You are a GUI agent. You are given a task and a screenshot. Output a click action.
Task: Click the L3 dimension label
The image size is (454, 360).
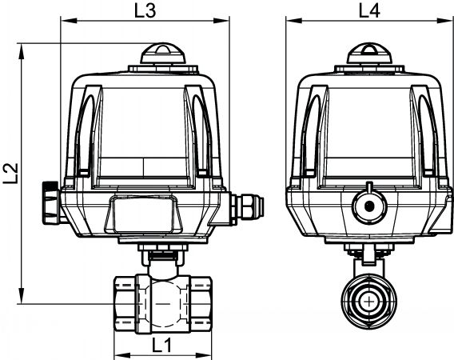[145, 11]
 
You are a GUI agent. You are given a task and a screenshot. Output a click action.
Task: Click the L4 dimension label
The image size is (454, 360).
[369, 11]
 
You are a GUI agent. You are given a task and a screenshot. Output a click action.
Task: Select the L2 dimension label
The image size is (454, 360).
[11, 174]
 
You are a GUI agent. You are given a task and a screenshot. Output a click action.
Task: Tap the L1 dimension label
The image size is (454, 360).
[161, 346]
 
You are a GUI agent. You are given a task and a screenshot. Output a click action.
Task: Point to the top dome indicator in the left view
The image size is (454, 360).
[163, 54]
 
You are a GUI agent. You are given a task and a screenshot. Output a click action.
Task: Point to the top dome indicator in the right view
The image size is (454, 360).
[369, 54]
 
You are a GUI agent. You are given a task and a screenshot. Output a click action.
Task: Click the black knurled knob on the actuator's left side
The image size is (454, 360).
[50, 202]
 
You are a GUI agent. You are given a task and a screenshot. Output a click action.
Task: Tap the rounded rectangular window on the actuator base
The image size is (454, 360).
[144, 214]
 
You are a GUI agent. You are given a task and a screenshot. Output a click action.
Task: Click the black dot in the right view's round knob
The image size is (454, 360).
[370, 206]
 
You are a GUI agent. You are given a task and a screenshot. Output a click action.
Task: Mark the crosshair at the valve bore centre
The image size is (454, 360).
[369, 302]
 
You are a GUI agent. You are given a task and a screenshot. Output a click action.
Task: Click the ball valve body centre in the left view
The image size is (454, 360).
[163, 303]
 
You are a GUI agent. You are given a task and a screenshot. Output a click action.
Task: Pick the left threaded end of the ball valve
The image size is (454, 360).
[125, 304]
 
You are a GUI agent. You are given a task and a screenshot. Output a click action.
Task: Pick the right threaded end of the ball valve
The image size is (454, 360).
[201, 304]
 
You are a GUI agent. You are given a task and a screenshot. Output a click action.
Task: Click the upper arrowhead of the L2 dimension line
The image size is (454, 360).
[22, 51]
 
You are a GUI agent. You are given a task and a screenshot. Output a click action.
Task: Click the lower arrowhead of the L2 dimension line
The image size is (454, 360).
[22, 296]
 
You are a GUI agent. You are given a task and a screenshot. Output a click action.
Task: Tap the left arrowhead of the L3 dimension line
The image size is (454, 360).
[69, 21]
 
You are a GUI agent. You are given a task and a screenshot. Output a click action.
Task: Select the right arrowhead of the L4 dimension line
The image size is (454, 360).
[444, 21]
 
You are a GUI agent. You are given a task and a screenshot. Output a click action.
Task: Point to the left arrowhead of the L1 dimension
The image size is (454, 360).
[122, 355]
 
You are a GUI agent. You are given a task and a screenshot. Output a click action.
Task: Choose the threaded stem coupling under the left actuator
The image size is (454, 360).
[163, 256]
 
